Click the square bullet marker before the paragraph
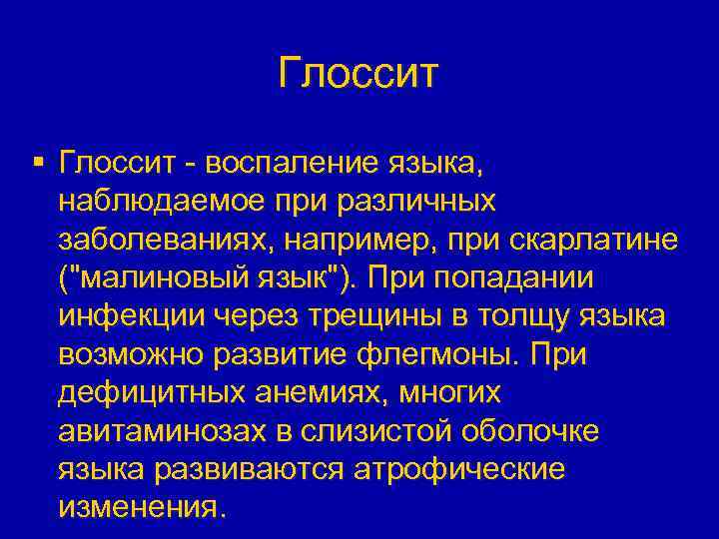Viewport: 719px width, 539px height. tap(37, 160)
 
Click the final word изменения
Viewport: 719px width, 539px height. tap(137, 507)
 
